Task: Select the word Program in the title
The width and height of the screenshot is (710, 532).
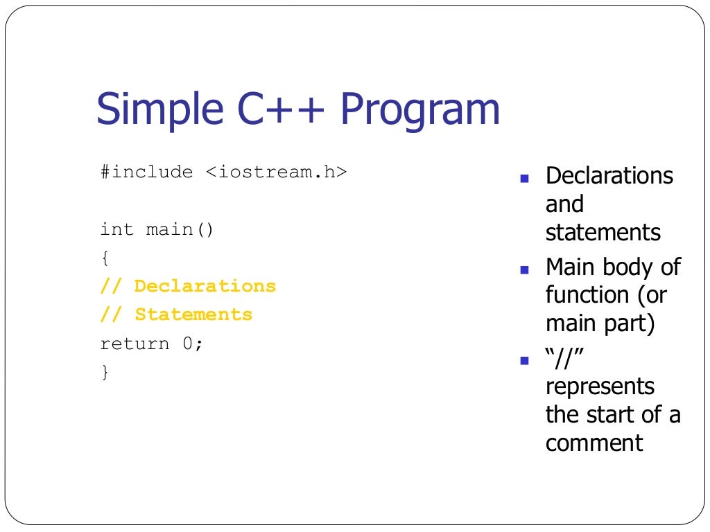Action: click(x=419, y=110)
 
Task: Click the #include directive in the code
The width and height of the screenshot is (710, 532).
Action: click(x=146, y=172)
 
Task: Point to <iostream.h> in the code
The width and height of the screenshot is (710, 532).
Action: click(x=275, y=172)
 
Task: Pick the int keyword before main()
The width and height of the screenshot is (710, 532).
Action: click(x=117, y=229)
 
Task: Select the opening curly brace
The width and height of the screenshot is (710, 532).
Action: click(x=105, y=258)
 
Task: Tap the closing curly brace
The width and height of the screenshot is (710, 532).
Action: click(x=105, y=373)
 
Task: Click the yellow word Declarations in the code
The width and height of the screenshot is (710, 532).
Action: click(x=205, y=286)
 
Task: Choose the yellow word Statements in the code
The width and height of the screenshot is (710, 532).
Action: click(x=193, y=314)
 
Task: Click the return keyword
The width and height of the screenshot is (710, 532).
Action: click(x=135, y=344)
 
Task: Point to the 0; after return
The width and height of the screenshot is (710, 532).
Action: click(x=193, y=344)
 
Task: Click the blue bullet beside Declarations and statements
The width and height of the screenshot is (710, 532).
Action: click(x=524, y=178)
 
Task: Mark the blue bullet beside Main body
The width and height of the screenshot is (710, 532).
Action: click(x=524, y=269)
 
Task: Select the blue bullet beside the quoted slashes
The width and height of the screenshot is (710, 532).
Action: click(x=524, y=361)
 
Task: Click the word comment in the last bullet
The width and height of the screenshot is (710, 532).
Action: click(x=594, y=443)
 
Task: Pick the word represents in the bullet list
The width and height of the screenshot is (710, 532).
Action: click(x=600, y=386)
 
